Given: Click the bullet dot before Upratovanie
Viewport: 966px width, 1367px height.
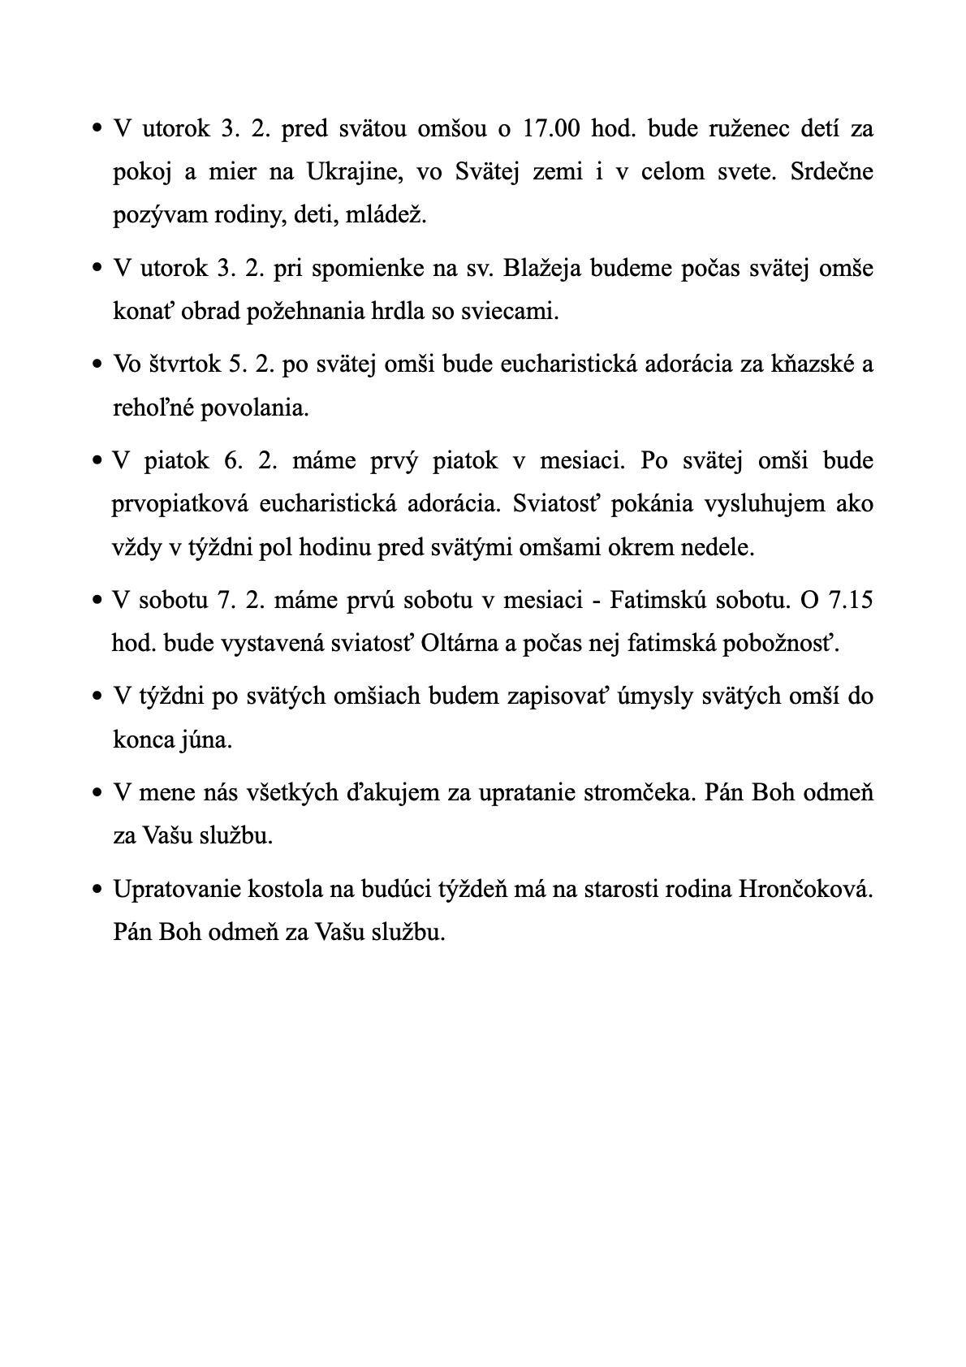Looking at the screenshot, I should [97, 890].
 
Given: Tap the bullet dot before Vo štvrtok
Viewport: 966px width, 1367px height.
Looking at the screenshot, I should [97, 365].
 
